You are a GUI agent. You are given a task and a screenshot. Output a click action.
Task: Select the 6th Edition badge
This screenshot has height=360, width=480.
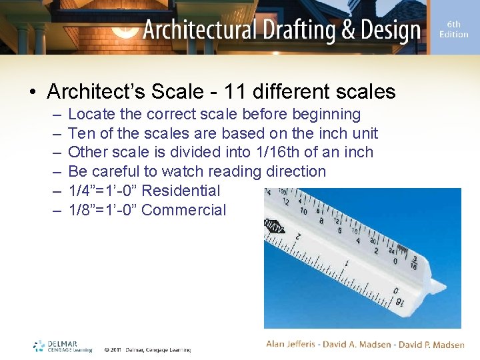tap(453, 29)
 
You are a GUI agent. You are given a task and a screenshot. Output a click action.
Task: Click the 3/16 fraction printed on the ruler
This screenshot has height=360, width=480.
tap(414, 263)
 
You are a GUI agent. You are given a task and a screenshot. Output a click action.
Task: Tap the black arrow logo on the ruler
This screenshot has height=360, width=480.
tap(275, 228)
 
